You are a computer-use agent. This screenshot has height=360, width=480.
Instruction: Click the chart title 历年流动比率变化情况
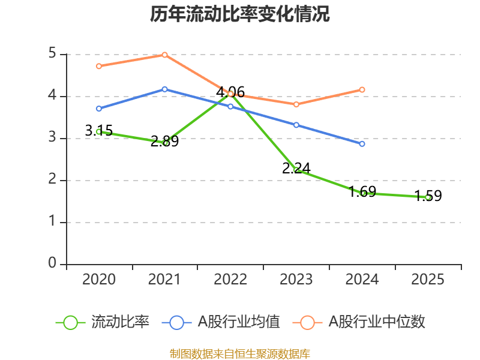(x=240, y=14)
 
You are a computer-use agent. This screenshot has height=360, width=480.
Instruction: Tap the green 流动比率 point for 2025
(x=428, y=197)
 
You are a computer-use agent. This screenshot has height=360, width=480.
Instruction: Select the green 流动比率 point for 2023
(x=296, y=170)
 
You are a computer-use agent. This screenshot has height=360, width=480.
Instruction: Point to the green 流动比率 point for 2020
(x=98, y=131)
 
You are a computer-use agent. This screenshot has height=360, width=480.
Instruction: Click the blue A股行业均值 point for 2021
(x=164, y=89)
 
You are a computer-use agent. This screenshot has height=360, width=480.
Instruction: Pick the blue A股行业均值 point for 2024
(x=362, y=144)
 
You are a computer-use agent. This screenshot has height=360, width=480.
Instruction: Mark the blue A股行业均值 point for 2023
(x=296, y=125)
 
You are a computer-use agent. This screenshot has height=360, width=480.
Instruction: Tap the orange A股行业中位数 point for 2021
(x=164, y=55)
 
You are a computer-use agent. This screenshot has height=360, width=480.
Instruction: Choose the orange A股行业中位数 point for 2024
(x=362, y=89)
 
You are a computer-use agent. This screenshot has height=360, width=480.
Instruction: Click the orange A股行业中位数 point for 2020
(x=98, y=66)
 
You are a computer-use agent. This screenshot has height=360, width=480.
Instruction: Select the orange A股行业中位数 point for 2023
(x=296, y=104)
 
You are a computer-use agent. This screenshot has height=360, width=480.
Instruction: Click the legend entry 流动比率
(x=103, y=322)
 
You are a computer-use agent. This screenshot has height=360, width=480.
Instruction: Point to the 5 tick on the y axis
(x=52, y=54)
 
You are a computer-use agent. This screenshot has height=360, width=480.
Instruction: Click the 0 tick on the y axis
(x=52, y=264)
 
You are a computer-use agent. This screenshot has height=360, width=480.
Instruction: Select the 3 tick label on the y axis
(x=52, y=138)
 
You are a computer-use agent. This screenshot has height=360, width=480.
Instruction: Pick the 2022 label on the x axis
(x=230, y=280)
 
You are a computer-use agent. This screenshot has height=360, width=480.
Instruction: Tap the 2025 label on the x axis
(x=428, y=280)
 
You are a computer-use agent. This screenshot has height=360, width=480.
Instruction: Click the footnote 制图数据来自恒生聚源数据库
(x=240, y=353)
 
